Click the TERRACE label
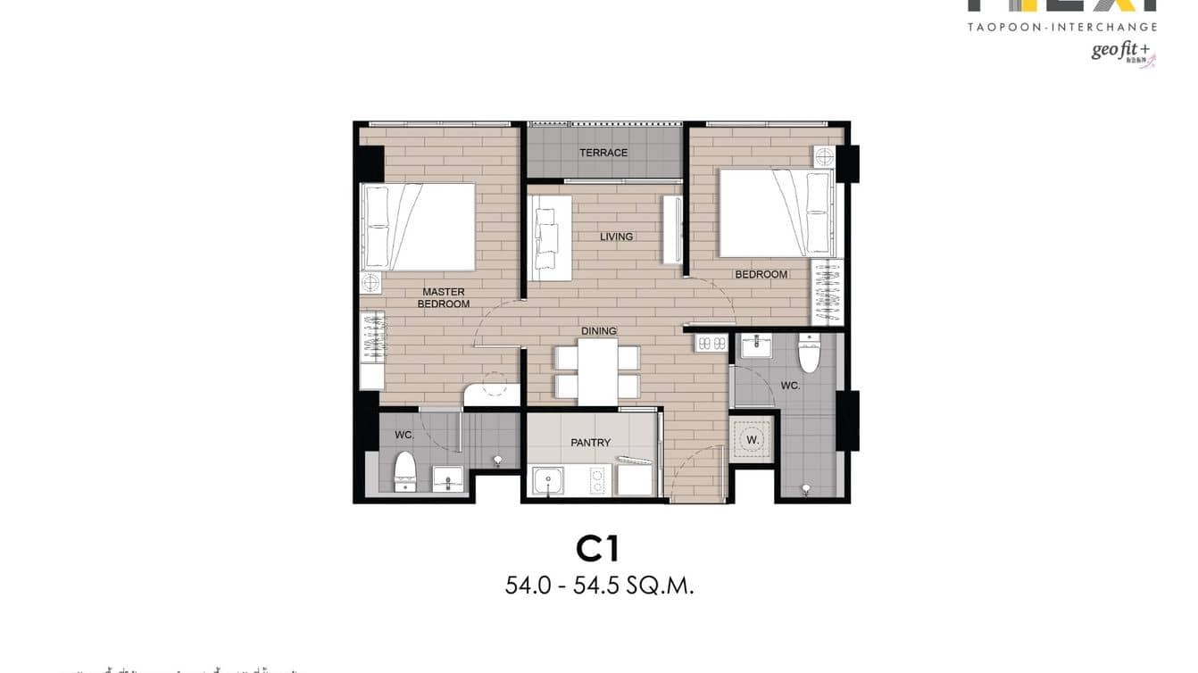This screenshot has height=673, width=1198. click(603, 153)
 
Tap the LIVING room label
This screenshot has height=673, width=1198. click(616, 237)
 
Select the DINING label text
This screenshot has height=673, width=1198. click(599, 331)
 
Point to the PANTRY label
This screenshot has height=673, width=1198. click(591, 443)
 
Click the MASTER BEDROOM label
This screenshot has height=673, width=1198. click(444, 298)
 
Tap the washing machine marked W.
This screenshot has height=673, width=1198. click(752, 439)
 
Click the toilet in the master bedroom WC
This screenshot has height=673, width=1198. click(405, 469)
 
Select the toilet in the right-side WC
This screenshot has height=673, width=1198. click(809, 354)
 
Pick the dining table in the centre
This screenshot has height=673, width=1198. click(597, 371)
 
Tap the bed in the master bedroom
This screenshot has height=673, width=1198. click(417, 227)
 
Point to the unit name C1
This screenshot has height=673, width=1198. click(599, 549)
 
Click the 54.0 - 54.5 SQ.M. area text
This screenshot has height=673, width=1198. click(599, 586)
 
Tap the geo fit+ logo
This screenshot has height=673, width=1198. click(1120, 51)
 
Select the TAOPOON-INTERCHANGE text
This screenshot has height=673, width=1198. click(1062, 28)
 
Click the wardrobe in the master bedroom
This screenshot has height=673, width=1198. click(371, 337)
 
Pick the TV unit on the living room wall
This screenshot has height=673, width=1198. click(672, 229)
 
